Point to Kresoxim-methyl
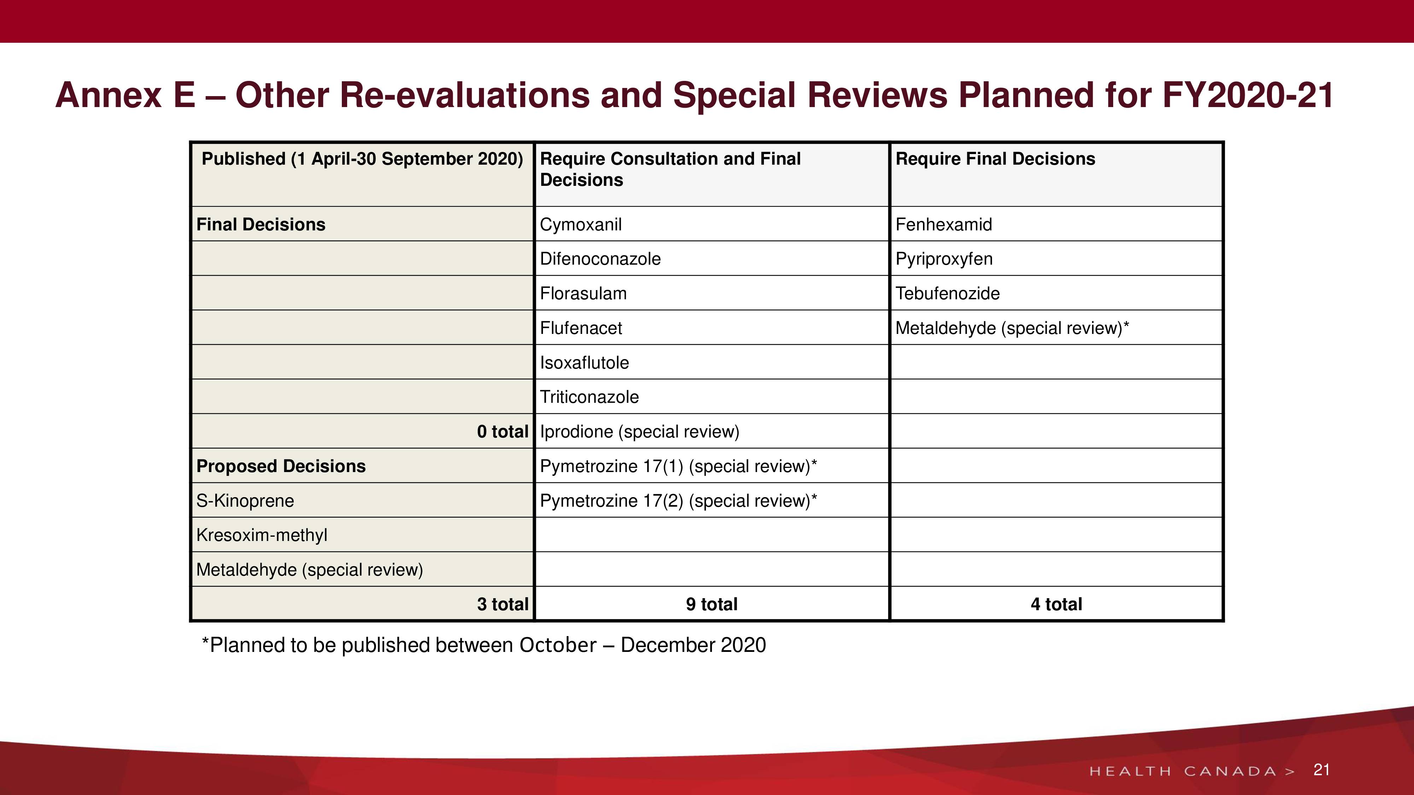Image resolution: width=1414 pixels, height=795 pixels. coord(262,535)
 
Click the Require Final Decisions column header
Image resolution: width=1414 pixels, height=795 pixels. coord(995,159)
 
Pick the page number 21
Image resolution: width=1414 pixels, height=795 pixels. coord(1321,770)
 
